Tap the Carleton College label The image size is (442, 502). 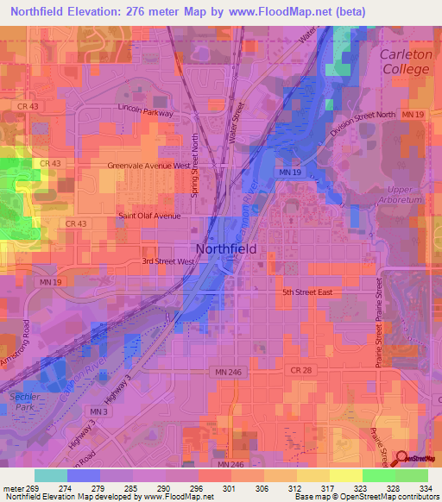pyautogui.click(x=405, y=61)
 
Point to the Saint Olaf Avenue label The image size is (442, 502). pyautogui.click(x=149, y=216)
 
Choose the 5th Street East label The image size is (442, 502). pyautogui.click(x=308, y=292)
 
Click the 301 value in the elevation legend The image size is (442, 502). pyautogui.click(x=230, y=487)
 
